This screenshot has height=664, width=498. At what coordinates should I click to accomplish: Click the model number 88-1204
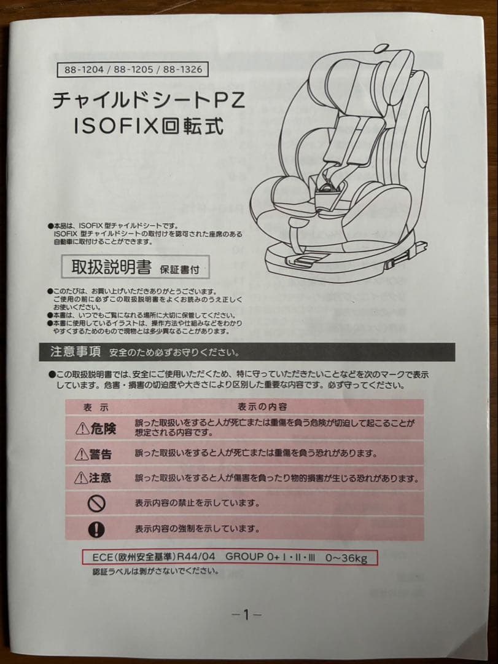coord(84,70)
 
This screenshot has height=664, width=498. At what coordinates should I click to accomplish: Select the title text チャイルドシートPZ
coord(148,100)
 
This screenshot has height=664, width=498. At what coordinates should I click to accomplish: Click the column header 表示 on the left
coord(96,407)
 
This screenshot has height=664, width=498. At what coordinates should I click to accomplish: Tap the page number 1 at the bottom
coord(247,614)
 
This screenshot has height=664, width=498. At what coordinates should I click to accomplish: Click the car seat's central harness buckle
coord(327,184)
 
